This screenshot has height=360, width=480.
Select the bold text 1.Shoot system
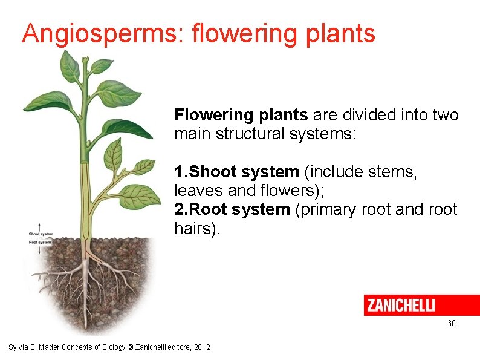[236, 172]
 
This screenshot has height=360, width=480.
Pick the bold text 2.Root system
[232, 209]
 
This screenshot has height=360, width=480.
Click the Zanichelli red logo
[421, 305]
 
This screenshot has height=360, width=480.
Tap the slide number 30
[451, 324]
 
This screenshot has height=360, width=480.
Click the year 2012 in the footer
[201, 347]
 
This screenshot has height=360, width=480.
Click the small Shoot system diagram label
[41, 234]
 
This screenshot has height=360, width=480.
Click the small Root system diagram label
[41, 242]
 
